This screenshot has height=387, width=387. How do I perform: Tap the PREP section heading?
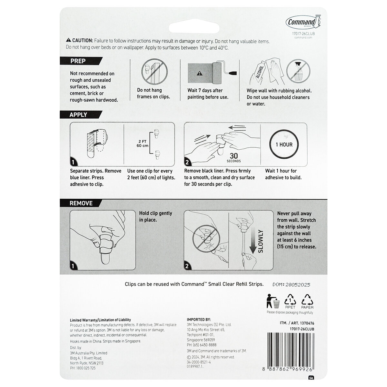pos(78,61)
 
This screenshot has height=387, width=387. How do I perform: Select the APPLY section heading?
pos(78,114)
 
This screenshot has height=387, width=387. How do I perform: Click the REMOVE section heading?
pos(81,203)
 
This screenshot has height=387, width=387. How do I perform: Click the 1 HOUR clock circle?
pos(284,144)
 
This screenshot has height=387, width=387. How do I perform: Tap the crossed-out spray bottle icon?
pos(298,72)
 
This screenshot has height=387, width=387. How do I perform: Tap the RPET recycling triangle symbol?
pos(290,300)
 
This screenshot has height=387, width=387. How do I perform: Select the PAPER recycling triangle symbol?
pos(307,300)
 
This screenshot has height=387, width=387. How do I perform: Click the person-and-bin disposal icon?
pos(273,301)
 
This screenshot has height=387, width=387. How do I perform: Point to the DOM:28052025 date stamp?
pos(292,284)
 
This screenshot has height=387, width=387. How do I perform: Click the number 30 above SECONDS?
pos(234,155)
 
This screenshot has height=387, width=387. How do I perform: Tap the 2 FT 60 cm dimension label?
pos(142,143)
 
